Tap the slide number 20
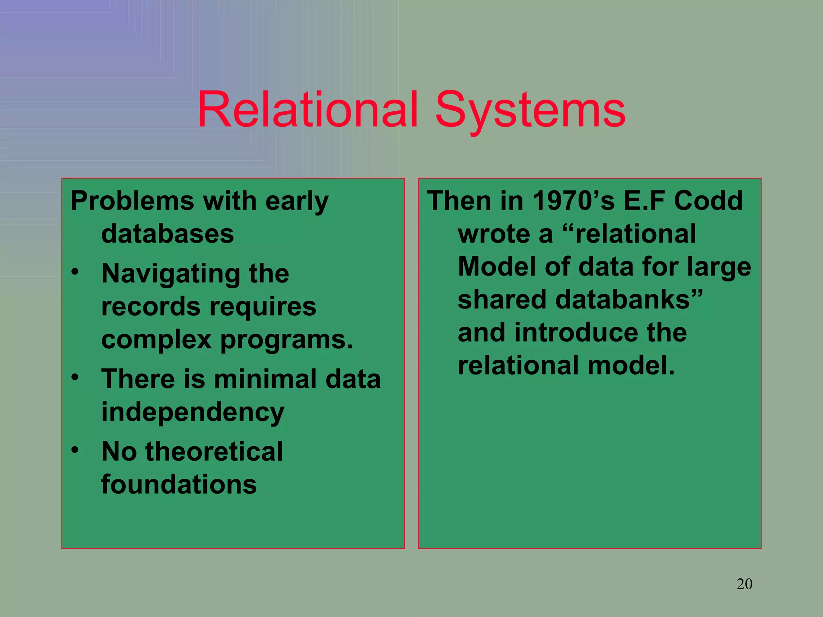pos(744,584)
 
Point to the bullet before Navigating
pos(75,272)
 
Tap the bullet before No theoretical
pos(75,450)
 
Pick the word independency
pos(192,413)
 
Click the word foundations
pos(179,484)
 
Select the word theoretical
pos(214,451)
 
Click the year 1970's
pos(573,200)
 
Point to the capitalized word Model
pos(497,267)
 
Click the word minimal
pos(266,379)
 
